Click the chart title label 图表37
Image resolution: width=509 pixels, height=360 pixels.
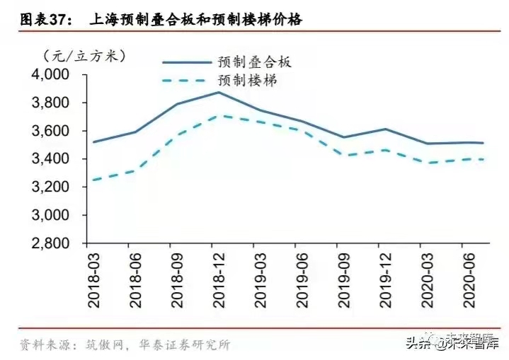[44, 21]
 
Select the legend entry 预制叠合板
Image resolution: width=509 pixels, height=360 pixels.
[255, 62]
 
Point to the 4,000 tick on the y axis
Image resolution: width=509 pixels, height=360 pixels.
[50, 75]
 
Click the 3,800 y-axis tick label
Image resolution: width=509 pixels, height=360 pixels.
[50, 103]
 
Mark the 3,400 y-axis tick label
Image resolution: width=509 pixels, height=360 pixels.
[50, 159]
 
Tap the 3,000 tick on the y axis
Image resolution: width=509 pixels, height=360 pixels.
[50, 215]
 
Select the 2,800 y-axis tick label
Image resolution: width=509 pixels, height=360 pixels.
[50, 243]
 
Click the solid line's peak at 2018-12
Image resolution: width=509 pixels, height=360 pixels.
[218, 92]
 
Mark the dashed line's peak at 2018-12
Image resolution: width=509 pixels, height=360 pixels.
[218, 116]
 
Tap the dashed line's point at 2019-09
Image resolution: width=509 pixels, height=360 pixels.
[343, 154]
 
